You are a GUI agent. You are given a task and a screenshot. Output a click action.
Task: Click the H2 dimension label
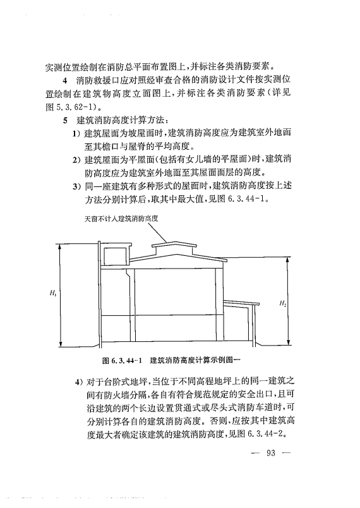click(282, 304)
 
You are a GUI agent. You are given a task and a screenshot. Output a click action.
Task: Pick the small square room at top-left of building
click(114, 256)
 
